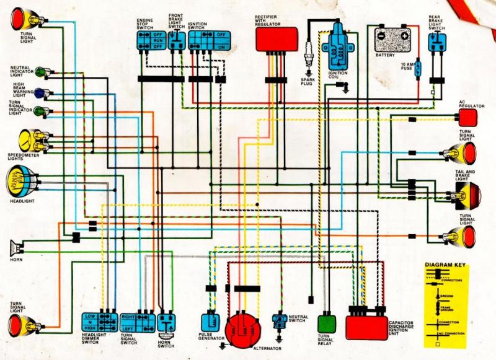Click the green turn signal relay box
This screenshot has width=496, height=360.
point(327,324)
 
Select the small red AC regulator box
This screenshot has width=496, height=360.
point(468,118)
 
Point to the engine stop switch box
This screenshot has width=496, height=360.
point(148,40)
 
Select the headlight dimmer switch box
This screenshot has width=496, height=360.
point(100,322)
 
